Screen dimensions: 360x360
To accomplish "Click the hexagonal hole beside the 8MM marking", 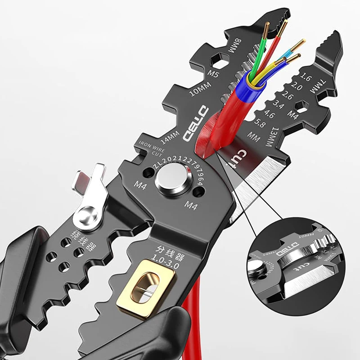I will [219, 58].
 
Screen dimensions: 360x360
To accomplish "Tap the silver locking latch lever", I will [89, 193].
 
